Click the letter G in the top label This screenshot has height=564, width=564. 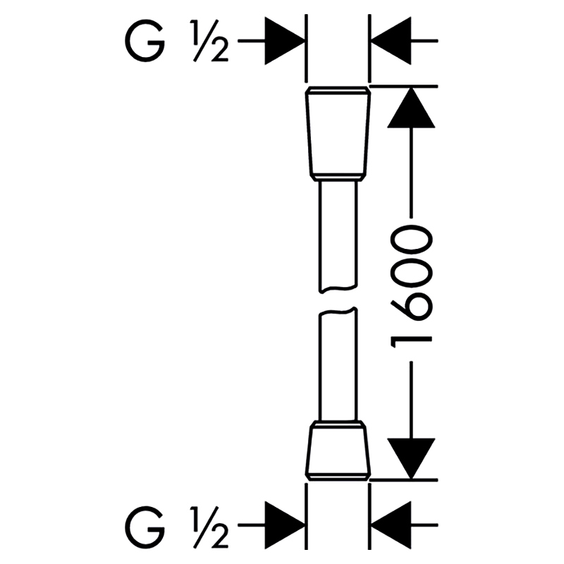pyautogui.click(x=145, y=41)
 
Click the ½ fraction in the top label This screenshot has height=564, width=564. pyautogui.click(x=209, y=42)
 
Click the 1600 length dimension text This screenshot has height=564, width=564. pyautogui.click(x=411, y=287)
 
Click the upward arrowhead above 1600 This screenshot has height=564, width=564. pyautogui.click(x=411, y=107)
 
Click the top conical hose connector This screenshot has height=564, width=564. pyautogui.click(x=338, y=133)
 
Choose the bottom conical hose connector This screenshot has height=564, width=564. pyautogui.click(x=338, y=450)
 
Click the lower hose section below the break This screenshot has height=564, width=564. pyautogui.click(x=338, y=363)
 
